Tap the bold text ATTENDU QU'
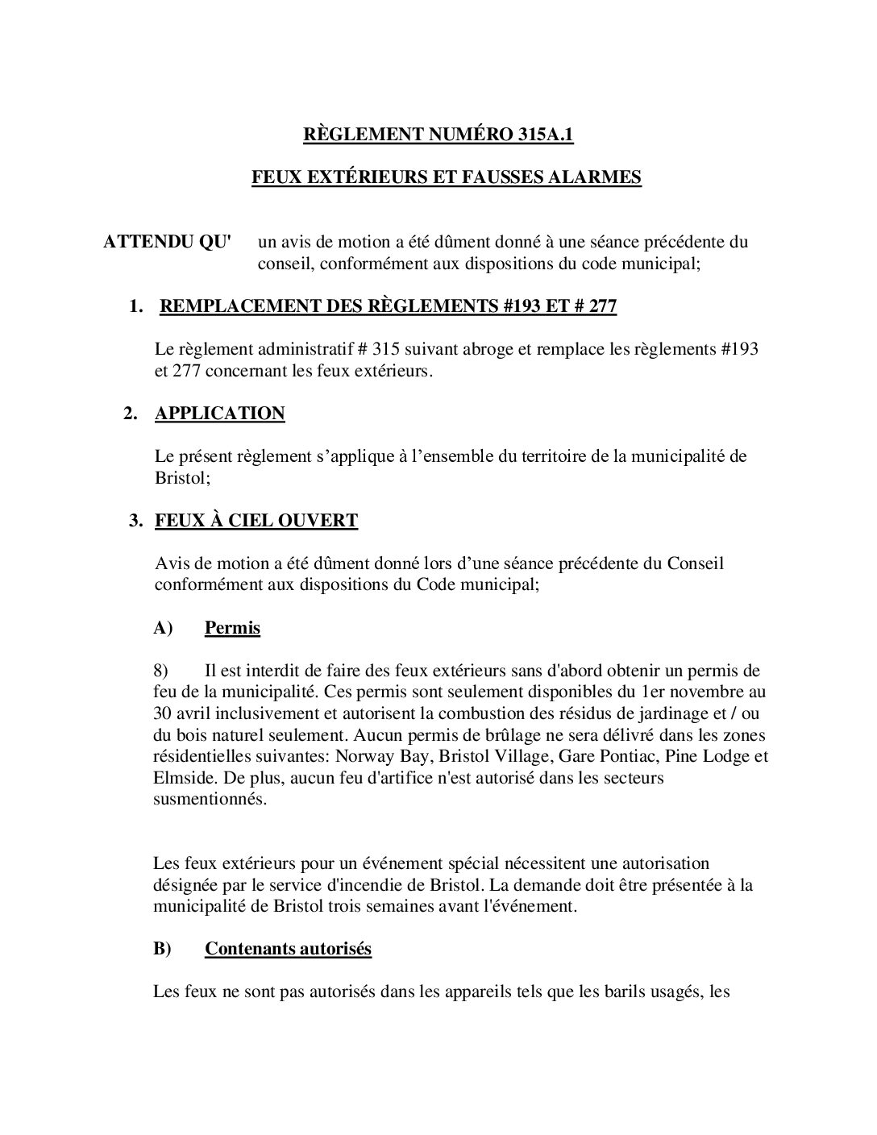[167, 242]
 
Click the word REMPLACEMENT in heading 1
[239, 306]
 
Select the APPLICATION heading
[219, 414]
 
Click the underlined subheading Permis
[232, 627]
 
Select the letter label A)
[164, 627]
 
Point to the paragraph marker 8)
[164, 671]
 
